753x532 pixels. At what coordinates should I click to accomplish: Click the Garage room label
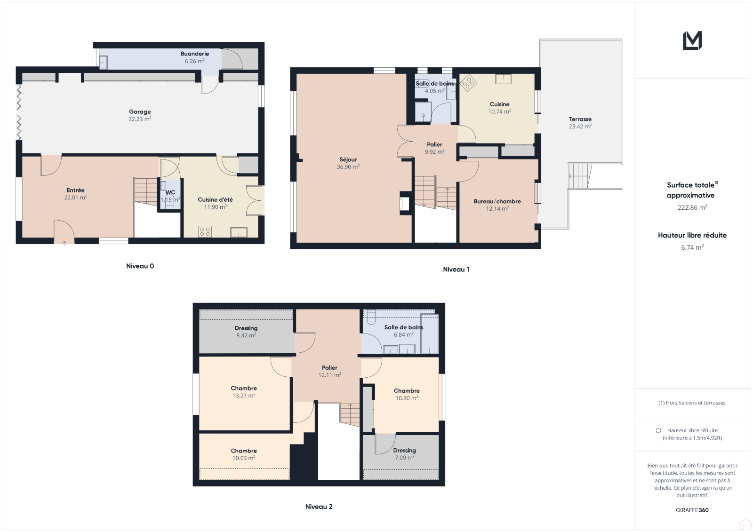(140, 111)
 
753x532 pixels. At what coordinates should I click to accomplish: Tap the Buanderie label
(195, 54)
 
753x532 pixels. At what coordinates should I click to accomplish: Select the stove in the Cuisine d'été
(205, 231)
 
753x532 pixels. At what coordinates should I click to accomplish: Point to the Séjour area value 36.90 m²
(348, 167)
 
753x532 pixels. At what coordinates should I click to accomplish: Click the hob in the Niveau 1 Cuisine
(468, 83)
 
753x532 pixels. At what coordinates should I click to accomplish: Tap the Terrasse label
(580, 119)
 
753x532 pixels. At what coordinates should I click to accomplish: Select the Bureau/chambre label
(497, 201)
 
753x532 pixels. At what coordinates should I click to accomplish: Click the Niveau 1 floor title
(456, 269)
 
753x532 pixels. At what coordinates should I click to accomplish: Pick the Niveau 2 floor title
(319, 507)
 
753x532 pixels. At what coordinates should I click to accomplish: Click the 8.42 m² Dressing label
(246, 328)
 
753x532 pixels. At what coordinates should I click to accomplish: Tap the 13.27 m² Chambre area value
(244, 396)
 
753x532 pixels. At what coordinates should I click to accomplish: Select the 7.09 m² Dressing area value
(404, 457)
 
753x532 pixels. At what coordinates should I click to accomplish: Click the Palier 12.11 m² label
(329, 368)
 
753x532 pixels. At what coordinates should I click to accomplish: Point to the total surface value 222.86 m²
(692, 207)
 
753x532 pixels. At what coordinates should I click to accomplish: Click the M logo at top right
(692, 40)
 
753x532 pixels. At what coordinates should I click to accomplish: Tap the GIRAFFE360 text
(692, 510)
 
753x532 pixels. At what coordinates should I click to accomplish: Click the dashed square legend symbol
(658, 430)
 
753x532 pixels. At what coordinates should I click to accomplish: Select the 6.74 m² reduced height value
(692, 247)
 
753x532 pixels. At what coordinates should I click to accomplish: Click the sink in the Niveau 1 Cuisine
(503, 79)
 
